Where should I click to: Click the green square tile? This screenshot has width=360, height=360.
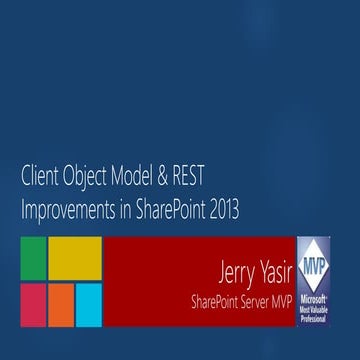(x=33, y=258)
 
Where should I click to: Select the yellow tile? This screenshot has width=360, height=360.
(x=76, y=258)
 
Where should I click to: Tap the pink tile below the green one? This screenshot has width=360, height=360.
(x=33, y=299)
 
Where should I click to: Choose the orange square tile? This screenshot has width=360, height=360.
(x=62, y=299)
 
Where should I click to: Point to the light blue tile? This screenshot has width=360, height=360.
(x=90, y=299)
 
